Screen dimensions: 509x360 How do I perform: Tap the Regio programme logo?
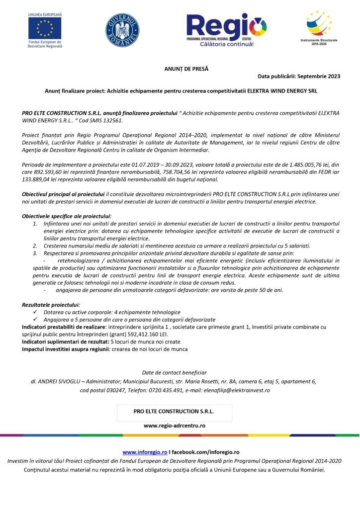(226, 30)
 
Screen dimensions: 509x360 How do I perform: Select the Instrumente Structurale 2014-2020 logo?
(318, 25)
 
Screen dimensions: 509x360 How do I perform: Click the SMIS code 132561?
(108, 121)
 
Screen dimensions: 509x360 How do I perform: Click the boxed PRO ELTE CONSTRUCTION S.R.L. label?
(174, 412)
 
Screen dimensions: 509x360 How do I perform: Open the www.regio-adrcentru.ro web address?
(175, 425)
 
